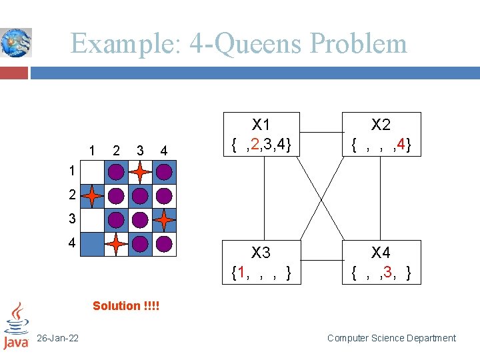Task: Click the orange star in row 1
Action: tap(140, 172)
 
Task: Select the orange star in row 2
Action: tap(92, 196)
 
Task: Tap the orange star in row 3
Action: tap(164, 219)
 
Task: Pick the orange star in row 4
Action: tap(116, 244)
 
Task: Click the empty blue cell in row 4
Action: tap(92, 244)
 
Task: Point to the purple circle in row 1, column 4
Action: tap(164, 172)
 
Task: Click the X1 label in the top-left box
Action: tap(261, 125)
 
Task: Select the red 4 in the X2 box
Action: tap(402, 144)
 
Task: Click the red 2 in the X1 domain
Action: tap(255, 144)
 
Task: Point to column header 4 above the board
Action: tap(164, 150)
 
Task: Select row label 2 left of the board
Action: tap(71, 196)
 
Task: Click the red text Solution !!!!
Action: tap(126, 306)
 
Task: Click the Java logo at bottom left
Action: tap(15, 327)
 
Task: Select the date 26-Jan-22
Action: tap(58, 338)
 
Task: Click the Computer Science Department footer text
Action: tap(391, 338)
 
